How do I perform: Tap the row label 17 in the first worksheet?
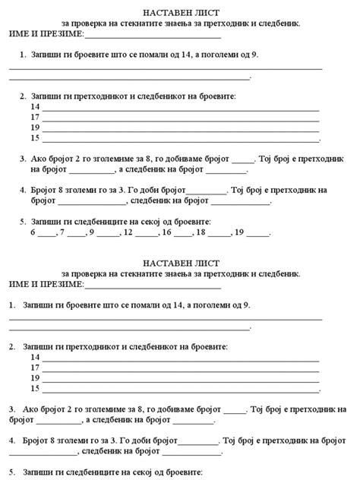click(35, 118)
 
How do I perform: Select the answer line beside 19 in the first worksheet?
click(180, 129)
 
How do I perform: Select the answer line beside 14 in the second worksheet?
click(180, 358)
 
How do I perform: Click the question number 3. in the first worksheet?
click(21, 159)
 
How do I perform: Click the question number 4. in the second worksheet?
click(13, 440)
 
